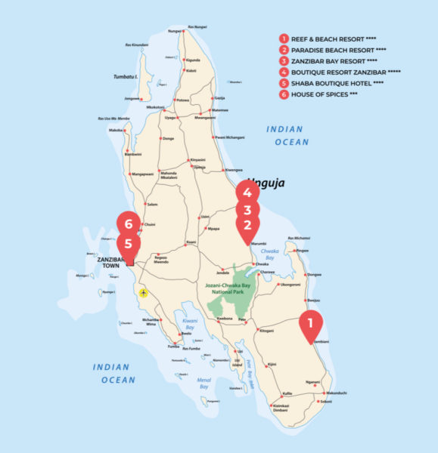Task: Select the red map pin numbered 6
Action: (x=129, y=224)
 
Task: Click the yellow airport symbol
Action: (x=143, y=291)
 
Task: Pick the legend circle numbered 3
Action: (x=284, y=61)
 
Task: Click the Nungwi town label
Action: (x=175, y=32)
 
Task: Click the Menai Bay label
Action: (x=204, y=383)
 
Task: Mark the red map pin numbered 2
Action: (x=247, y=225)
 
